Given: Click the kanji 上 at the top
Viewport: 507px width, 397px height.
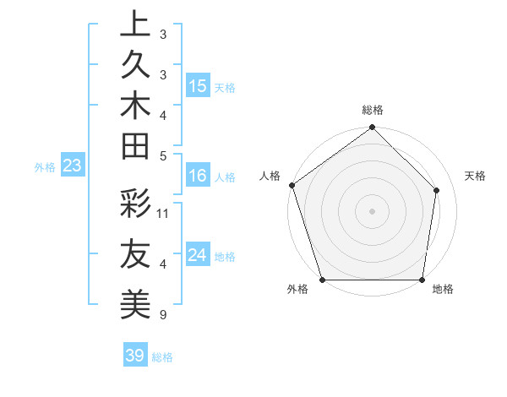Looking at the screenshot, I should [135, 24].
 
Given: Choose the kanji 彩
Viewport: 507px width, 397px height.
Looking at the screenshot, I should [135, 204].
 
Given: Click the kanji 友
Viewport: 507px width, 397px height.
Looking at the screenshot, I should [135, 254].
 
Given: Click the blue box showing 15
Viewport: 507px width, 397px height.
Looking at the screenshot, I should [198, 86].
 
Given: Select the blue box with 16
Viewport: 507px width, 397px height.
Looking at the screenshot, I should [198, 177].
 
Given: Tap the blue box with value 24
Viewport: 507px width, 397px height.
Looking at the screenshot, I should [198, 256].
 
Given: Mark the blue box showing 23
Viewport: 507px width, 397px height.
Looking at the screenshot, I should [73, 166].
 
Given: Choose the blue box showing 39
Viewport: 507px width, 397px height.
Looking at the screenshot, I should [135, 356].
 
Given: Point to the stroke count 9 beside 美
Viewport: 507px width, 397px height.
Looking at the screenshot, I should [162, 315].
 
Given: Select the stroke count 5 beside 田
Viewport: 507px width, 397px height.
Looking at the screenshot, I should [162, 155].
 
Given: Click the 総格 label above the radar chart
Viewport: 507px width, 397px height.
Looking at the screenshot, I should [373, 110].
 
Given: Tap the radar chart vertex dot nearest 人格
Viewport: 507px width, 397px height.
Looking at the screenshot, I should [292, 185].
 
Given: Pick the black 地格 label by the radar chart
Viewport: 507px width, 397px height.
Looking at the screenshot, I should [443, 290].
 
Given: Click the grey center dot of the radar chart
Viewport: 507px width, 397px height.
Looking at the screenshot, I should [372, 210].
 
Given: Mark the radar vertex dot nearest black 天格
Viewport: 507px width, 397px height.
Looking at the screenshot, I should [437, 190].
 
